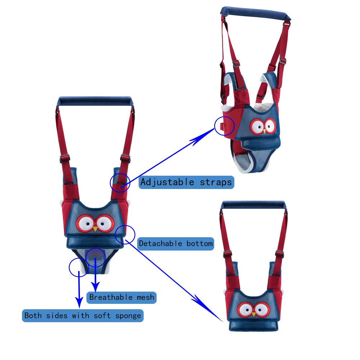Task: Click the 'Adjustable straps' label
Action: [x=186, y=182]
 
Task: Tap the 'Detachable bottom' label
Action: [x=176, y=244]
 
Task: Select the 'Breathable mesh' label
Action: [x=121, y=297]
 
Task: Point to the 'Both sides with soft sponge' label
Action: [x=83, y=315]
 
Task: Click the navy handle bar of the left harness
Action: [x=95, y=101]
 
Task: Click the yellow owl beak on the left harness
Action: [x=95, y=229]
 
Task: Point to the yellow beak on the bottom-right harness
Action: [x=254, y=314]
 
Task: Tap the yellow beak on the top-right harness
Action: [x=265, y=131]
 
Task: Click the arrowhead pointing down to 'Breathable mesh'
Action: [x=95, y=287]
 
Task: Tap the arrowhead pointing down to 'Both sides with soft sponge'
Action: [x=79, y=303]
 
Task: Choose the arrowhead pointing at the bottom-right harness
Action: [x=210, y=310]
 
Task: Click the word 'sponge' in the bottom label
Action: [x=128, y=316]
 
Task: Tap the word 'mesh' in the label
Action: [x=145, y=297]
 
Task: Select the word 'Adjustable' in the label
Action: [x=167, y=182]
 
